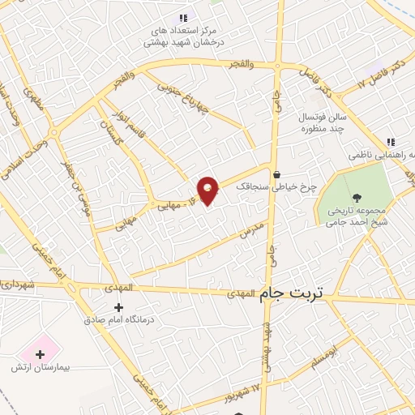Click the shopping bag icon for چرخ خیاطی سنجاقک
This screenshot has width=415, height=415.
[277, 173]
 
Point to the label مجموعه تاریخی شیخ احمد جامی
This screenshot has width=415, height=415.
[357, 215]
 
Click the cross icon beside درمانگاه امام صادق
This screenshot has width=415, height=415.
[119, 307]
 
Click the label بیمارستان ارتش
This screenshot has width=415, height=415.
[41, 368]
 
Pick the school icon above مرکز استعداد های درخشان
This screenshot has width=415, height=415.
[184, 17]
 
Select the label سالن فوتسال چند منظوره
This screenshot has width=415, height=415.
[323, 122]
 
